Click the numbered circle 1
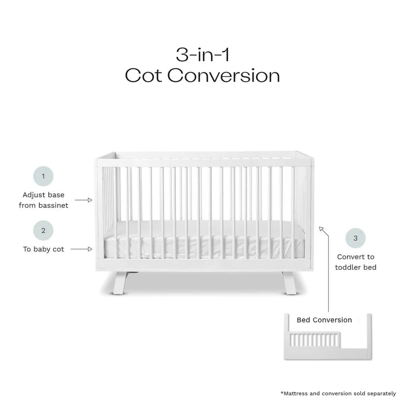(x=43, y=176)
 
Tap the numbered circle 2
(x=43, y=231)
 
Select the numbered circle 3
(x=355, y=238)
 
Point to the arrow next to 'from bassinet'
(x=83, y=200)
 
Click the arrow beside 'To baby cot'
(x=81, y=249)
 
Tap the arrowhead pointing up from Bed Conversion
(x=322, y=230)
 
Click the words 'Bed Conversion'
(x=324, y=320)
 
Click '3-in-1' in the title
(x=202, y=55)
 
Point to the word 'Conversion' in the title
(x=223, y=76)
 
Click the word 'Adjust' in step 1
(x=34, y=195)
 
